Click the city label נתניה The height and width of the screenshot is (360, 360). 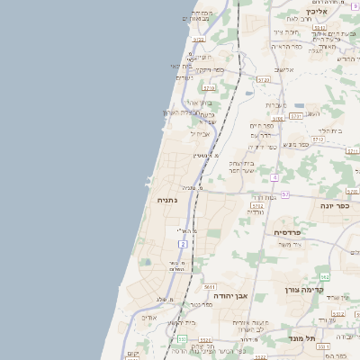166,200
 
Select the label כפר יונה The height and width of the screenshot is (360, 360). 335,205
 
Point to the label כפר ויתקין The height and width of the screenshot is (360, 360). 209,69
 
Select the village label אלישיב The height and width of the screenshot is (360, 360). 284,69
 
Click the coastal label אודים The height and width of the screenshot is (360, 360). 149,316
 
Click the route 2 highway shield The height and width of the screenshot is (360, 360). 183,244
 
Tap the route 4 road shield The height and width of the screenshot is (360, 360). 274,177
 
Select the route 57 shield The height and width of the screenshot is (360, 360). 284,194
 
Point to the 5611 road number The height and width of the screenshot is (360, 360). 210,285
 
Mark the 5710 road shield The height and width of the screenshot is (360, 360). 209,88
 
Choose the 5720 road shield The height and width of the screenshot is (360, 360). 264,79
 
